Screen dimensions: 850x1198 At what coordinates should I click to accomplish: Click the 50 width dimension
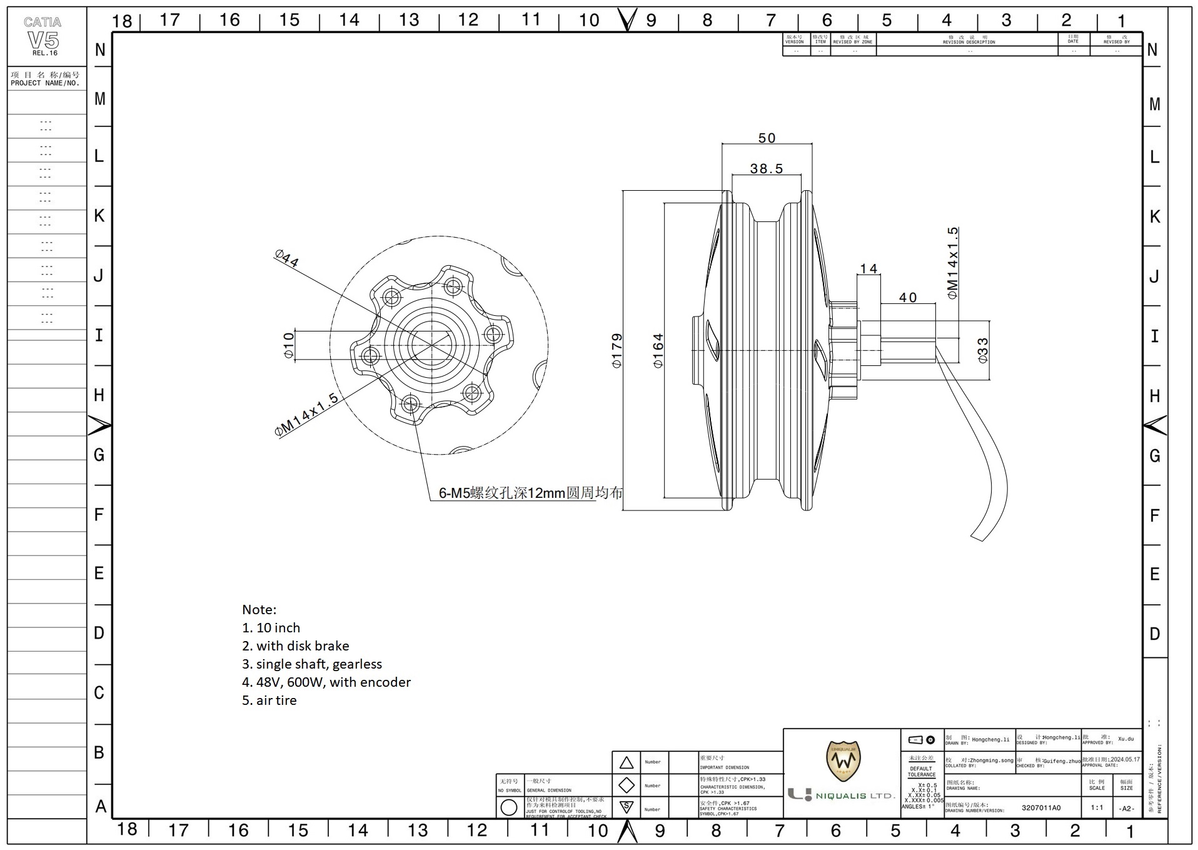(x=767, y=138)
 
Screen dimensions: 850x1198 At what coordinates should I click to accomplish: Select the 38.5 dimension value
(x=767, y=168)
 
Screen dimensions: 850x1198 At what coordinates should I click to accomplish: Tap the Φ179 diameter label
(x=617, y=351)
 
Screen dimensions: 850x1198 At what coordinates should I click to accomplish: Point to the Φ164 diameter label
(x=658, y=351)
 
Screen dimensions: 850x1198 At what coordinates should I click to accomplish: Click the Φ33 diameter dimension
(x=983, y=350)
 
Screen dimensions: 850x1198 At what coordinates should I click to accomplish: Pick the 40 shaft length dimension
(x=908, y=298)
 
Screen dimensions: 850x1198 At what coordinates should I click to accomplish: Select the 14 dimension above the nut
(x=868, y=269)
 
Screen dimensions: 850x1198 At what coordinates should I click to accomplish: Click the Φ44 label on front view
(x=286, y=258)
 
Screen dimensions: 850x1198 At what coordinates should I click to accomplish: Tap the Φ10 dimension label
(x=288, y=345)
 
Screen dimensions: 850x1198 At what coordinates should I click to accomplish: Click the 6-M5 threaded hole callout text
(x=530, y=493)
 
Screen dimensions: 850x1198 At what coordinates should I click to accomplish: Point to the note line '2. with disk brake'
(x=296, y=646)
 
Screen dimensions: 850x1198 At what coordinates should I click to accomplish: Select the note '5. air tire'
(x=269, y=701)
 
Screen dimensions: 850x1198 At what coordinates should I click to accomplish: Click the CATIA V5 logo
(x=43, y=36)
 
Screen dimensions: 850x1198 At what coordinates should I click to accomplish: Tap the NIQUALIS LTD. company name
(x=855, y=796)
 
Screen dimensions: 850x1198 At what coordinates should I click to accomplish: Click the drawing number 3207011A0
(x=1041, y=807)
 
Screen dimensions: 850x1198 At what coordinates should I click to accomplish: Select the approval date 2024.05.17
(x=1125, y=759)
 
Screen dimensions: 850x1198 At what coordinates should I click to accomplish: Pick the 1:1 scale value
(x=1097, y=807)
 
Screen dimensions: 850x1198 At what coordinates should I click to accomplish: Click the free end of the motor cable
(x=977, y=537)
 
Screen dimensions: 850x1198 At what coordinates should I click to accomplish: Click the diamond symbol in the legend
(x=627, y=785)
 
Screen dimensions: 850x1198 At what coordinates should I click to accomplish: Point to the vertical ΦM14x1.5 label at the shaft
(x=952, y=263)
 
